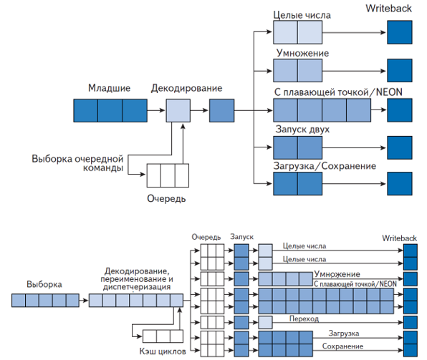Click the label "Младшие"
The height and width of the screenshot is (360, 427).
click(109, 88)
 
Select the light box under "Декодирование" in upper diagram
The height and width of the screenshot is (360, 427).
click(178, 111)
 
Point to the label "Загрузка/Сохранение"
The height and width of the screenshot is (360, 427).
click(325, 166)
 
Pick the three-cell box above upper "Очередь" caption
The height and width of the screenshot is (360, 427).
click(167, 175)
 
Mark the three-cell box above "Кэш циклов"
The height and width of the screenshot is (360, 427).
click(157, 336)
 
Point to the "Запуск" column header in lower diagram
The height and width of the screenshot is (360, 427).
click(241, 236)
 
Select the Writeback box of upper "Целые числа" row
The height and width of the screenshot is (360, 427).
click(399, 33)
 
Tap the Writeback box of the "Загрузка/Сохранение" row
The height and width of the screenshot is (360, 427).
click(399, 184)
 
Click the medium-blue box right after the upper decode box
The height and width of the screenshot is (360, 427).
click(221, 111)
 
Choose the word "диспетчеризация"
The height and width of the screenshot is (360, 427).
click(136, 286)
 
